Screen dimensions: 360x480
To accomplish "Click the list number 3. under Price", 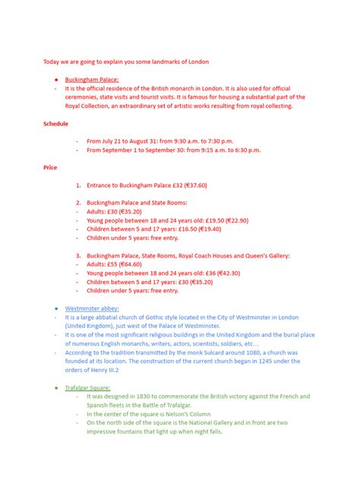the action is click(78, 255).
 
